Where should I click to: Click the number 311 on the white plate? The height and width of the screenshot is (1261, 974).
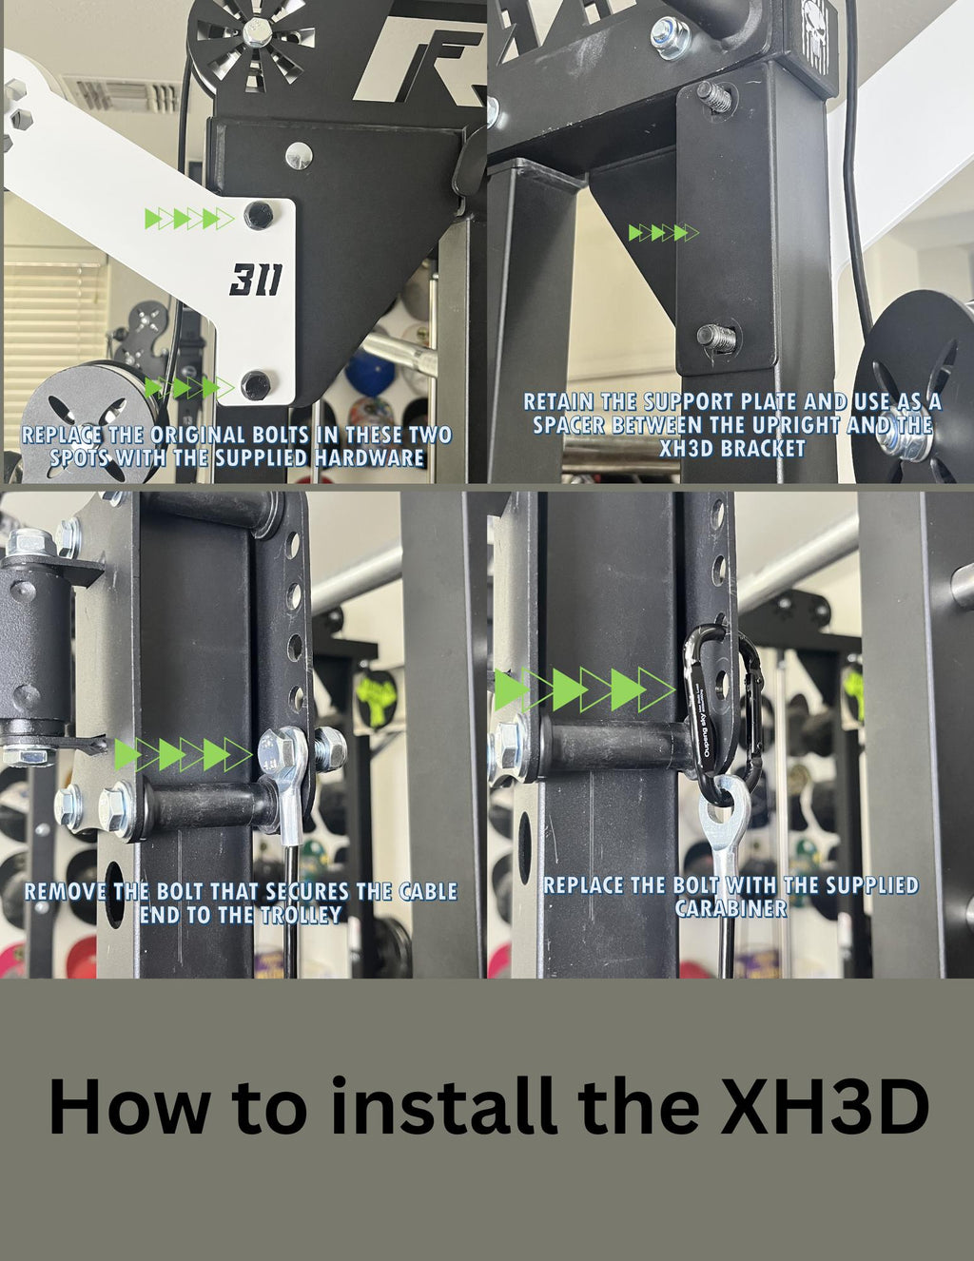pyautogui.click(x=255, y=280)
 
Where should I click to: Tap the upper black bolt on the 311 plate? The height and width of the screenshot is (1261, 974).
pyautogui.click(x=257, y=215)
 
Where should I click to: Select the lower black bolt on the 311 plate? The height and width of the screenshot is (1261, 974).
pyautogui.click(x=255, y=385)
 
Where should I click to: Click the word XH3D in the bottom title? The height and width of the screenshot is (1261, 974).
pyautogui.click(x=823, y=1106)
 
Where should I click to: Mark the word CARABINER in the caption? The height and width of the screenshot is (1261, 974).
pyautogui.click(x=730, y=908)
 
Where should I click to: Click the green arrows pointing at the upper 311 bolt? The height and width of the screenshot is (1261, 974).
pyautogui.click(x=188, y=219)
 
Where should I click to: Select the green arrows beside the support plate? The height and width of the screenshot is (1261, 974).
pyautogui.click(x=663, y=233)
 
